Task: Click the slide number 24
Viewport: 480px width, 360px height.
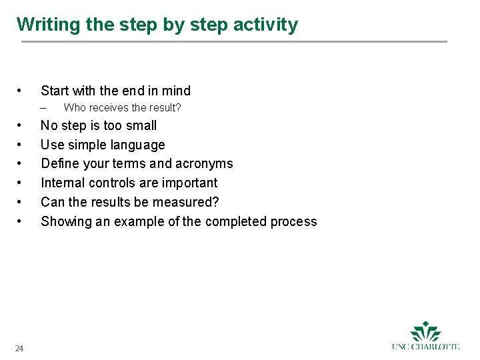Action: coord(20,349)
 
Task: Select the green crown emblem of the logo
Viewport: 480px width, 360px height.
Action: coord(426,331)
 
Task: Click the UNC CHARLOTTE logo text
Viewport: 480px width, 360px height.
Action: coord(426,347)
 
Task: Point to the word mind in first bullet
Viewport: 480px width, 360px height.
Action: coord(175,91)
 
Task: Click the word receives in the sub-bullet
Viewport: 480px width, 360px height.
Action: coord(109,108)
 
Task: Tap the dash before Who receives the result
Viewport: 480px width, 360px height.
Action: coord(43,108)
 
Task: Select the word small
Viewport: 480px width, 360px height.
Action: coord(141,125)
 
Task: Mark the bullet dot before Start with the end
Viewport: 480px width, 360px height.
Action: coord(20,91)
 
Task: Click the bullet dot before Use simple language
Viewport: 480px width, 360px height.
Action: coord(20,145)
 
